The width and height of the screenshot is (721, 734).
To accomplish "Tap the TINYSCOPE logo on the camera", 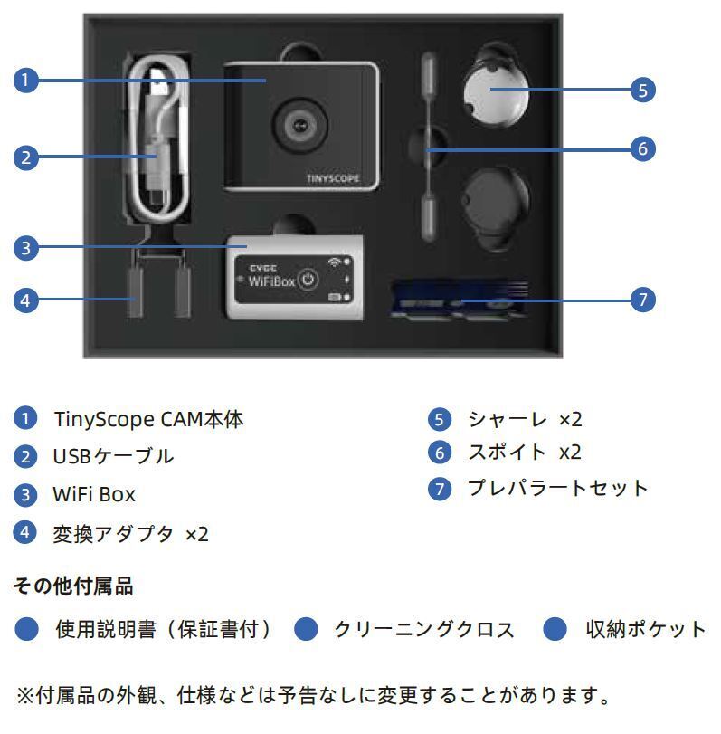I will click(332, 179).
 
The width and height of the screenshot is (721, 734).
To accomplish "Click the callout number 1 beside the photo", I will click(26, 81).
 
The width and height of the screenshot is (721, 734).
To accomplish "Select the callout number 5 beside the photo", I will click(641, 90).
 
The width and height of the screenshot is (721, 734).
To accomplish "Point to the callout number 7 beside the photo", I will click(641, 300).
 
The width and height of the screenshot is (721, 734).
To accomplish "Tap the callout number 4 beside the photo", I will click(26, 300).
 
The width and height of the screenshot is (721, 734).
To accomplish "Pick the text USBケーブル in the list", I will click(113, 457).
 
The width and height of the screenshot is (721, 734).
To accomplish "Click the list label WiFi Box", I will click(94, 495).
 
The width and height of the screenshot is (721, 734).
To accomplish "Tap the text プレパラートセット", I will click(557, 489).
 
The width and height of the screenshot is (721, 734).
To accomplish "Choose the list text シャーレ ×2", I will click(525, 420).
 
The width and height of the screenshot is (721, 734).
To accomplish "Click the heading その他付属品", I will click(73, 586).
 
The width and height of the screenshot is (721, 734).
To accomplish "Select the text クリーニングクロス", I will click(424, 630).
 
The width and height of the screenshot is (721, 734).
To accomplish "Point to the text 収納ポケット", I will click(645, 630).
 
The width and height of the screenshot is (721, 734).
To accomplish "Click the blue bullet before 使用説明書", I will click(27, 630).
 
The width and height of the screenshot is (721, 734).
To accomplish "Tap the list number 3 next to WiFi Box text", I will click(26, 495).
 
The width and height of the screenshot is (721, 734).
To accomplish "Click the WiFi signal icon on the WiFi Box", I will click(337, 262).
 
